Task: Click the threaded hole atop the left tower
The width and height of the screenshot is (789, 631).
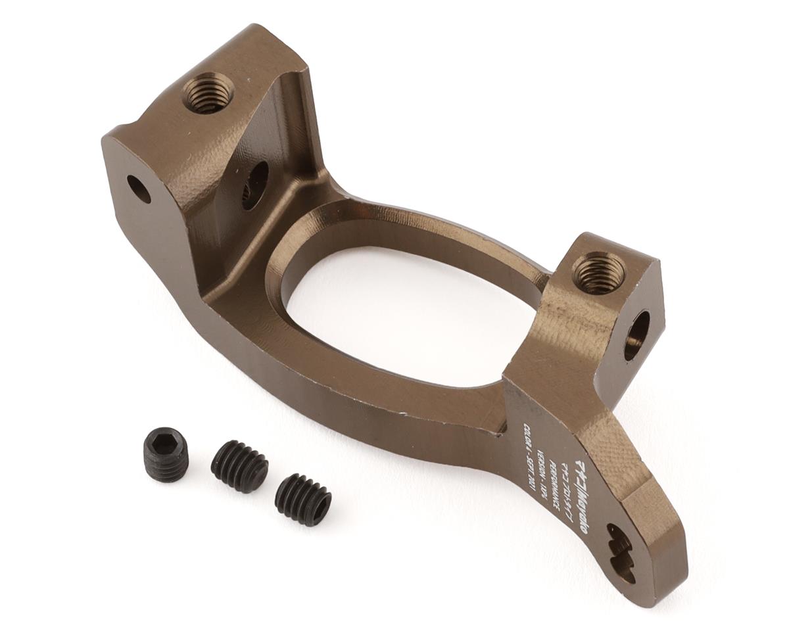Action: click(x=207, y=93)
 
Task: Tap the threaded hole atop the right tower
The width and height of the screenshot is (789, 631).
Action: click(x=598, y=273)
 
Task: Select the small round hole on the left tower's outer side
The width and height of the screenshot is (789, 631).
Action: click(x=139, y=189)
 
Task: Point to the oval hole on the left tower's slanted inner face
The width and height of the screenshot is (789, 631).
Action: click(x=255, y=185)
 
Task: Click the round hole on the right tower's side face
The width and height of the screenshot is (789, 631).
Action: click(x=636, y=336)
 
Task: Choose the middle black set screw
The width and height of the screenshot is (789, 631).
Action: click(x=239, y=466)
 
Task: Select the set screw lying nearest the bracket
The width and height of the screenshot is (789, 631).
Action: click(x=303, y=500)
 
